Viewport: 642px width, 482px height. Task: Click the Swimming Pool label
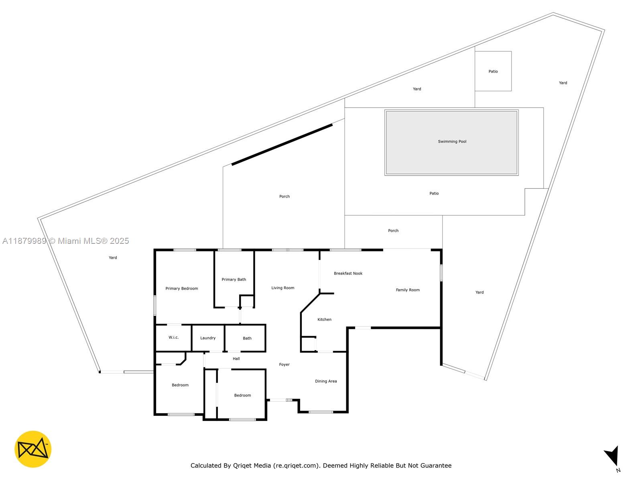[452, 141]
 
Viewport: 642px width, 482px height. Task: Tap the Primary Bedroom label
[181, 288]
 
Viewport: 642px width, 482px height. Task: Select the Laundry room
[208, 338]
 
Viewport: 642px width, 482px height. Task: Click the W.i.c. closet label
[173, 337]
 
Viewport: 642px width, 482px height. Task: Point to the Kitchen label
[324, 319]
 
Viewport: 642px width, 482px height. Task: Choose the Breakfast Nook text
[348, 273]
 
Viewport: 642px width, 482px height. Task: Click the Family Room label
[408, 290]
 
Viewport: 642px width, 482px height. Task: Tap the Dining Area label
[326, 381]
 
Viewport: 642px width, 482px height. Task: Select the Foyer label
[284, 364]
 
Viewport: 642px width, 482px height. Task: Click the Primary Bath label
[234, 280]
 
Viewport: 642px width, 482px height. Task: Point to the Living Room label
[282, 288]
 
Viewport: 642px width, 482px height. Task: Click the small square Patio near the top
[493, 71]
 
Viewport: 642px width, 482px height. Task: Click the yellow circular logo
[33, 449]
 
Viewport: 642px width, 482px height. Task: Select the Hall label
[236, 359]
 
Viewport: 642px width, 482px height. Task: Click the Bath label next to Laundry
[247, 338]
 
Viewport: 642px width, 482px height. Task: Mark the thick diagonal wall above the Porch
[282, 145]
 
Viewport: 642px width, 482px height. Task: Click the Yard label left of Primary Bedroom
[113, 257]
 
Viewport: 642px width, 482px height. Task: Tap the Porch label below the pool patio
[393, 231]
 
